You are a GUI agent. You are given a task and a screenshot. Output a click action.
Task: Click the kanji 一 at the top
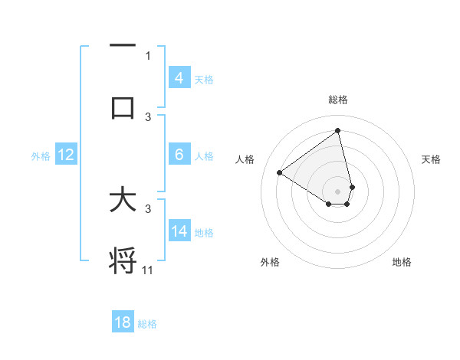(123, 46)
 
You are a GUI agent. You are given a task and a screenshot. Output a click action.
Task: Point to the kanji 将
(123, 260)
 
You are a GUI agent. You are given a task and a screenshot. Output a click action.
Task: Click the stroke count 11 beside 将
(149, 270)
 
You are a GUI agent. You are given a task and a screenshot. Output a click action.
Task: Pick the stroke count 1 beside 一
(148, 55)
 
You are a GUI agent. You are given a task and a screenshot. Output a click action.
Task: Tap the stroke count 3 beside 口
(149, 116)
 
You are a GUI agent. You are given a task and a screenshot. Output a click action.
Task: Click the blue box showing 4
(179, 78)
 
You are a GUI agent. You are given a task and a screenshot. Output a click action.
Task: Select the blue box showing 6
(179, 155)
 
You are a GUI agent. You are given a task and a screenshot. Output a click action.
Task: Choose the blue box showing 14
(179, 231)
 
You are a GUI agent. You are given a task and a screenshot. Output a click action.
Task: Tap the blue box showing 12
(66, 155)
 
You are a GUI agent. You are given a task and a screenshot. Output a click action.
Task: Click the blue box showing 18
(123, 322)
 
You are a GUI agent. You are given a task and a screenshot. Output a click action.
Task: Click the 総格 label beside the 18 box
(147, 324)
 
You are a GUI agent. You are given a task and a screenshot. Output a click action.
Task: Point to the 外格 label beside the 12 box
(41, 156)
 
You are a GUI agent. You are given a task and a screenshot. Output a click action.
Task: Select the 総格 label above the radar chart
(338, 100)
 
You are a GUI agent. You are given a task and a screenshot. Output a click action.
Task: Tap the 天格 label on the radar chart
(432, 159)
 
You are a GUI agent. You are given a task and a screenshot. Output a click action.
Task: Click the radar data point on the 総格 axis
(338, 130)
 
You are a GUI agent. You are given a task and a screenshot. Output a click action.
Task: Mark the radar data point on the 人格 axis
(280, 172)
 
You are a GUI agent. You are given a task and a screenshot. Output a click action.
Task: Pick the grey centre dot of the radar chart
(338, 191)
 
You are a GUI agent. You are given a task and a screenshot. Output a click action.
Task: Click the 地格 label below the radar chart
(402, 262)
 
